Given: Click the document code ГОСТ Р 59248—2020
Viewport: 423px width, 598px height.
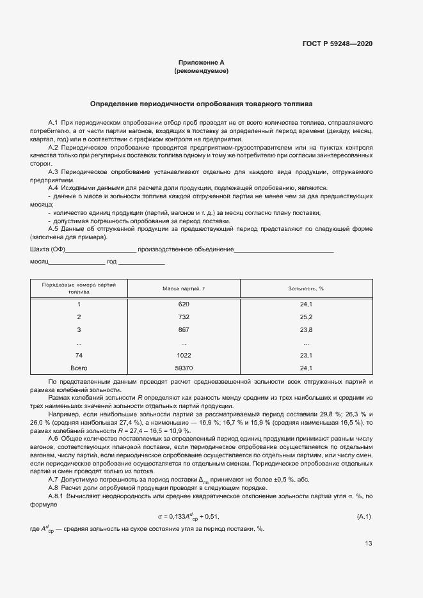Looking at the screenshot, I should click(x=337, y=43).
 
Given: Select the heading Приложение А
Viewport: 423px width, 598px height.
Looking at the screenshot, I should click(x=201, y=63).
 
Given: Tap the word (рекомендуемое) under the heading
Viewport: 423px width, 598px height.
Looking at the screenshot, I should click(x=201, y=71).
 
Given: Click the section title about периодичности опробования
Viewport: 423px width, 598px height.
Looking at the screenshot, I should click(x=201, y=103).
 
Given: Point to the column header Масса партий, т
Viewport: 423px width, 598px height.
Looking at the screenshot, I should click(x=184, y=288).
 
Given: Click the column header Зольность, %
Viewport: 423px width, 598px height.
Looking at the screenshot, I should click(x=306, y=288).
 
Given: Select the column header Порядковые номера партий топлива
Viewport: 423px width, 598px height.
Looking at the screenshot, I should click(x=79, y=288).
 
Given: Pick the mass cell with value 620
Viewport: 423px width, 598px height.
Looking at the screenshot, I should click(x=184, y=304).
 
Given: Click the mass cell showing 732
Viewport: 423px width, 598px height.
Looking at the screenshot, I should click(x=184, y=317).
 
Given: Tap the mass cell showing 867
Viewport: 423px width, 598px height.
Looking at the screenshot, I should click(x=184, y=330).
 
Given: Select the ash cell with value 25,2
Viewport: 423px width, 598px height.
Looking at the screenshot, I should click(x=306, y=317).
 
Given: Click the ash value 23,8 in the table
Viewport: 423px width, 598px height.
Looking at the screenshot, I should click(x=306, y=330).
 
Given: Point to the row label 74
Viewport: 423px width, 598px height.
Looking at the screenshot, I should click(x=79, y=355).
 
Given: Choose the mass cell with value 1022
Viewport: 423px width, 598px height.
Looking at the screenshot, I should click(x=184, y=355).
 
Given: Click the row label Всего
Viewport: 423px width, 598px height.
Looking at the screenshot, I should click(x=79, y=368).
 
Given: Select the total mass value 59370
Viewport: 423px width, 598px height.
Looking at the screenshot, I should click(x=184, y=368).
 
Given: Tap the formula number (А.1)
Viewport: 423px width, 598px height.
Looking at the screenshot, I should click(x=363, y=498).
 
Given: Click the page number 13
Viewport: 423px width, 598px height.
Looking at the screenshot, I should click(x=368, y=544).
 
